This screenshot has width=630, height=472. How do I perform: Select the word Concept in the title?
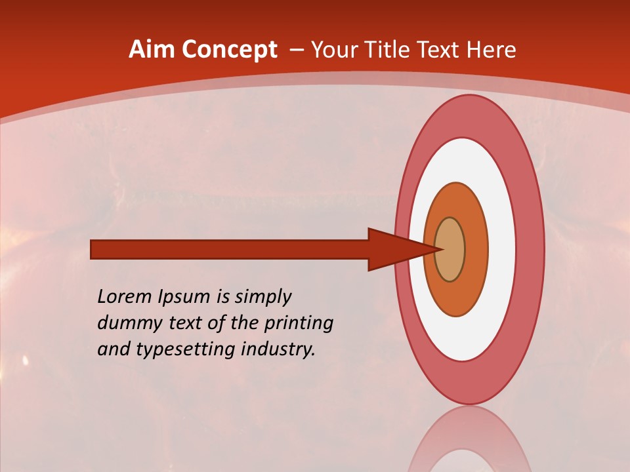[x=230, y=50]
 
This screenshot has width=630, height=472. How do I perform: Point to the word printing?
[x=298, y=323]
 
